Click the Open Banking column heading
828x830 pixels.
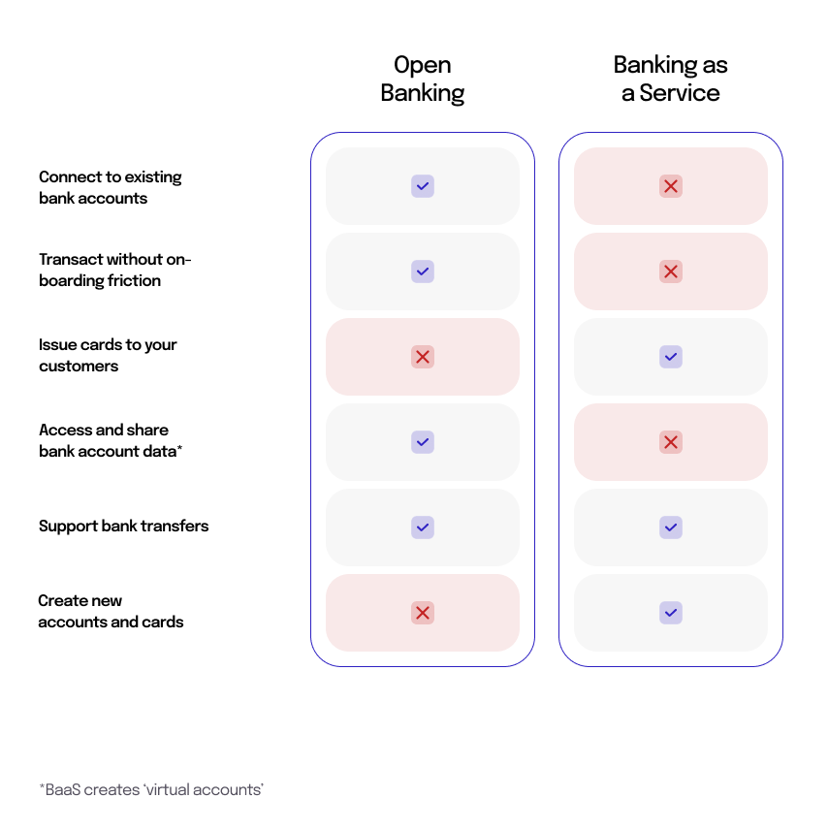tap(422, 79)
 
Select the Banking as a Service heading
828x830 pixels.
tap(670, 79)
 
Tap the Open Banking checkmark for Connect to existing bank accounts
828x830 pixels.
tap(423, 186)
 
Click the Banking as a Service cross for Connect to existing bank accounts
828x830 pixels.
tap(671, 186)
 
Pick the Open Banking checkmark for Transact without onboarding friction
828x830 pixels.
tap(423, 271)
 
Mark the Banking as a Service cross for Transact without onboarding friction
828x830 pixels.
tap(671, 271)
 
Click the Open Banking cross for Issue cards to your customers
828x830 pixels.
tap(423, 357)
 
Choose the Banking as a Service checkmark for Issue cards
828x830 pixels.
tap(671, 357)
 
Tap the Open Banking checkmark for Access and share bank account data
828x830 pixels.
tap(423, 442)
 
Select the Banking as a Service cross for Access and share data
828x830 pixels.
tap(671, 442)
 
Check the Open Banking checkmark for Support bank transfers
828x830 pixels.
tap(423, 527)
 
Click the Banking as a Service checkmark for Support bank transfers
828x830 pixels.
tap(671, 527)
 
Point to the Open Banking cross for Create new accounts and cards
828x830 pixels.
tap(423, 613)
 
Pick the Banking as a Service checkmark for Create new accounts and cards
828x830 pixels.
tap(671, 613)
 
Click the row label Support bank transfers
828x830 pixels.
tap(123, 527)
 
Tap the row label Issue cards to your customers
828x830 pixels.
tap(108, 355)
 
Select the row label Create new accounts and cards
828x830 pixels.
tap(111, 611)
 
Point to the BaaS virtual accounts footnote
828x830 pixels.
tap(151, 789)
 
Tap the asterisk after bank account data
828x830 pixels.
tap(179, 448)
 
